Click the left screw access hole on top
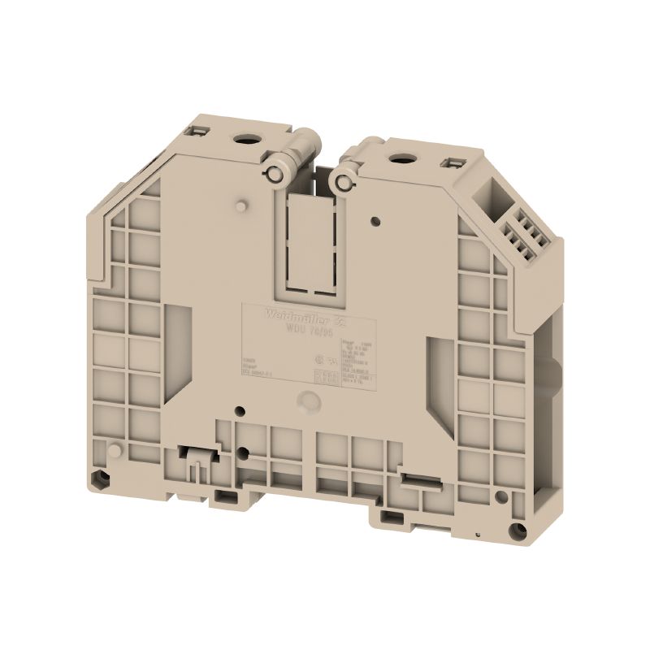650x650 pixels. point(243,139)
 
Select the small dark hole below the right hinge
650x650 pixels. point(375,219)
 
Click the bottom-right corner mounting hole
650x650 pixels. point(514,532)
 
